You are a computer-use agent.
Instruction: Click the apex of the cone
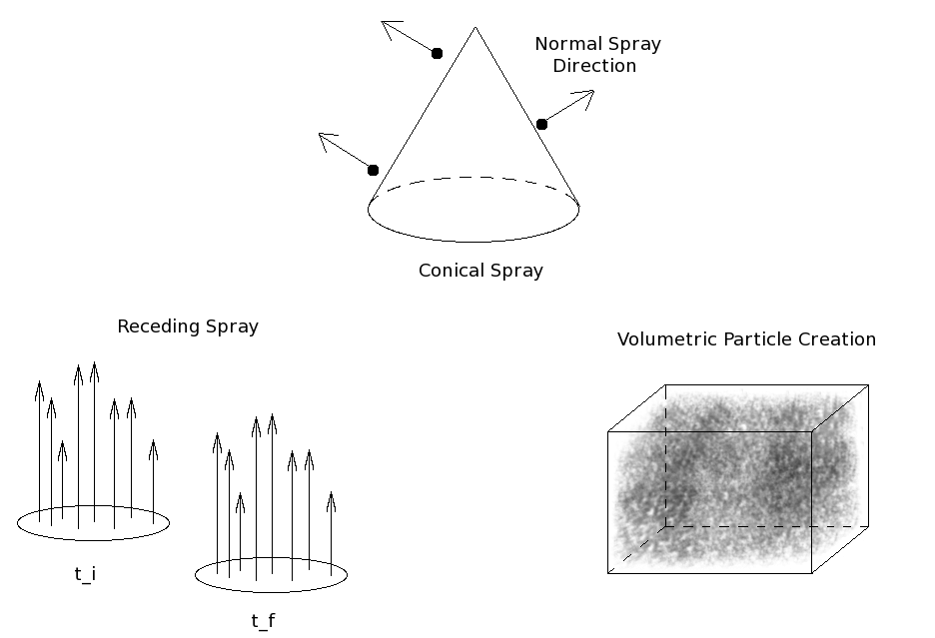coord(474,28)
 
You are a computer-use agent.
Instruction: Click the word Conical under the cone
coord(448,271)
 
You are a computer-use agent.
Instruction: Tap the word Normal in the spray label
coord(567,44)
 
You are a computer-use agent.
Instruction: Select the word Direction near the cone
coord(594,66)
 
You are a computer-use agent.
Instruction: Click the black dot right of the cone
coord(541,124)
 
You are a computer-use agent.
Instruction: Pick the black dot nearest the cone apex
coord(437,53)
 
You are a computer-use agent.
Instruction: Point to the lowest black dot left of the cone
coord(373,170)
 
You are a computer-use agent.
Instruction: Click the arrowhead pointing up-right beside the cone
coord(587,95)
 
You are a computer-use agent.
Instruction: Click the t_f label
coord(263,621)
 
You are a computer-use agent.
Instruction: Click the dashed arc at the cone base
coord(473,179)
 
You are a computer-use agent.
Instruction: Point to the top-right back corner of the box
coord(868,385)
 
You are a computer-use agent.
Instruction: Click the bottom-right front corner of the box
coord(811,573)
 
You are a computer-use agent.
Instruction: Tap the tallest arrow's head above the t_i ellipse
coord(94,367)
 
